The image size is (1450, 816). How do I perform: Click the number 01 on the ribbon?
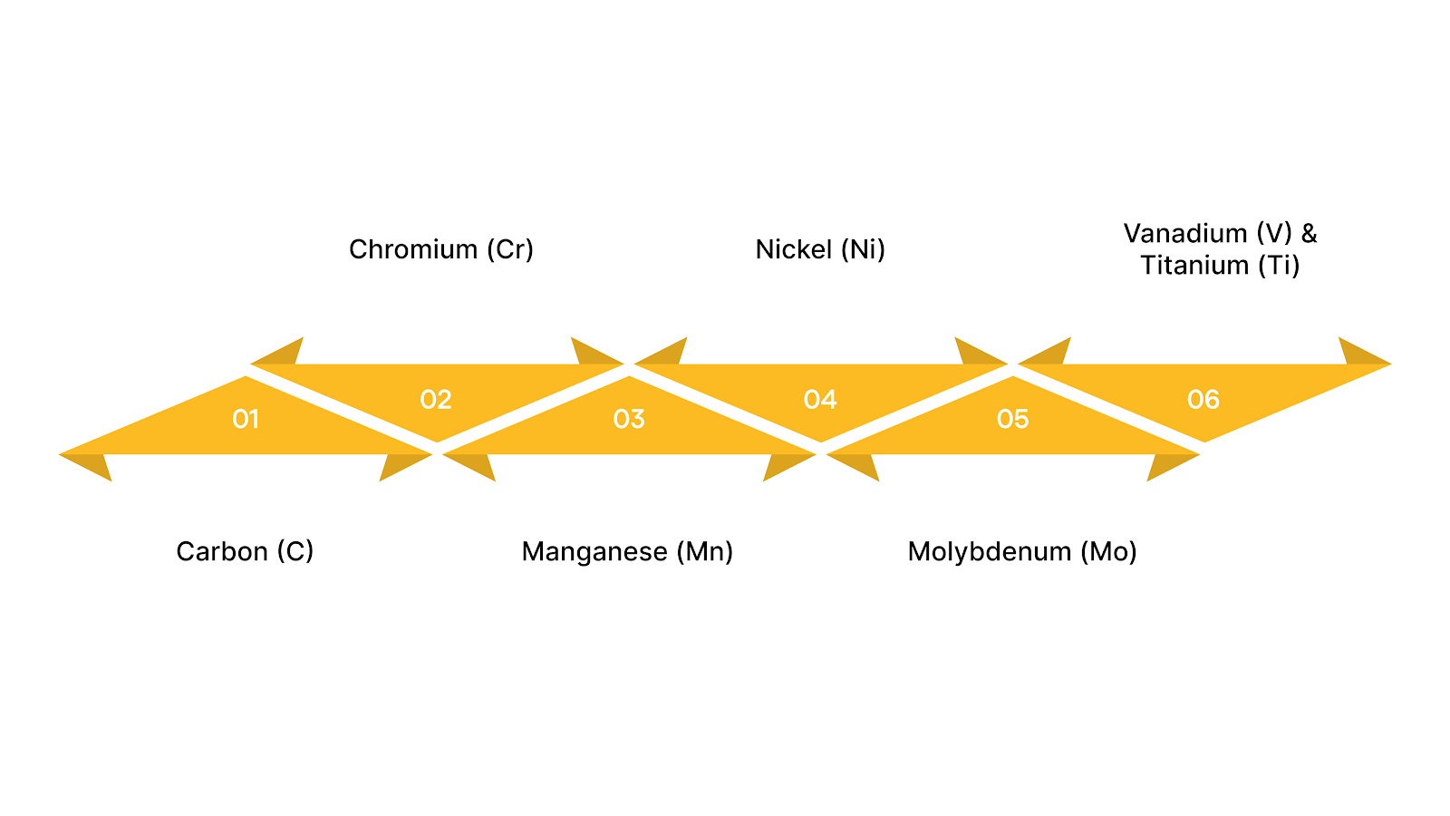246,419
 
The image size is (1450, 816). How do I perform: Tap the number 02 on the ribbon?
436,400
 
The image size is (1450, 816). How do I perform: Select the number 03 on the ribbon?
629,419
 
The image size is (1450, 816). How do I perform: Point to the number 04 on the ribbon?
820,400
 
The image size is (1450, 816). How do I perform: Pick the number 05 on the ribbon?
1013,419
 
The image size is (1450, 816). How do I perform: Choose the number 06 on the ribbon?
1203,400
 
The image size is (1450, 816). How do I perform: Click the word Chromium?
412,249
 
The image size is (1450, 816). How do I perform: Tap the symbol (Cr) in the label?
510,249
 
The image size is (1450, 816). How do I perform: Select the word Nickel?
793,249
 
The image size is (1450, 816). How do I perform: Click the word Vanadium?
1185,234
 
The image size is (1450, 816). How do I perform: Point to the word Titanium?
1194,266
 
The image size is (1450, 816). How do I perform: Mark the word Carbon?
221,551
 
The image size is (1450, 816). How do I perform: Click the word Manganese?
594,551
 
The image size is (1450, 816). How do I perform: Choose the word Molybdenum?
990,551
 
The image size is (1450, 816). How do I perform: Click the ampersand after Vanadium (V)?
1309,234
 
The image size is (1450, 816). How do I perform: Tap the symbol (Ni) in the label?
863,249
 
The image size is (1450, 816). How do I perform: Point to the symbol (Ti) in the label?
1279,266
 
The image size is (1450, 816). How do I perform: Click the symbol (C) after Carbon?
295,551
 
